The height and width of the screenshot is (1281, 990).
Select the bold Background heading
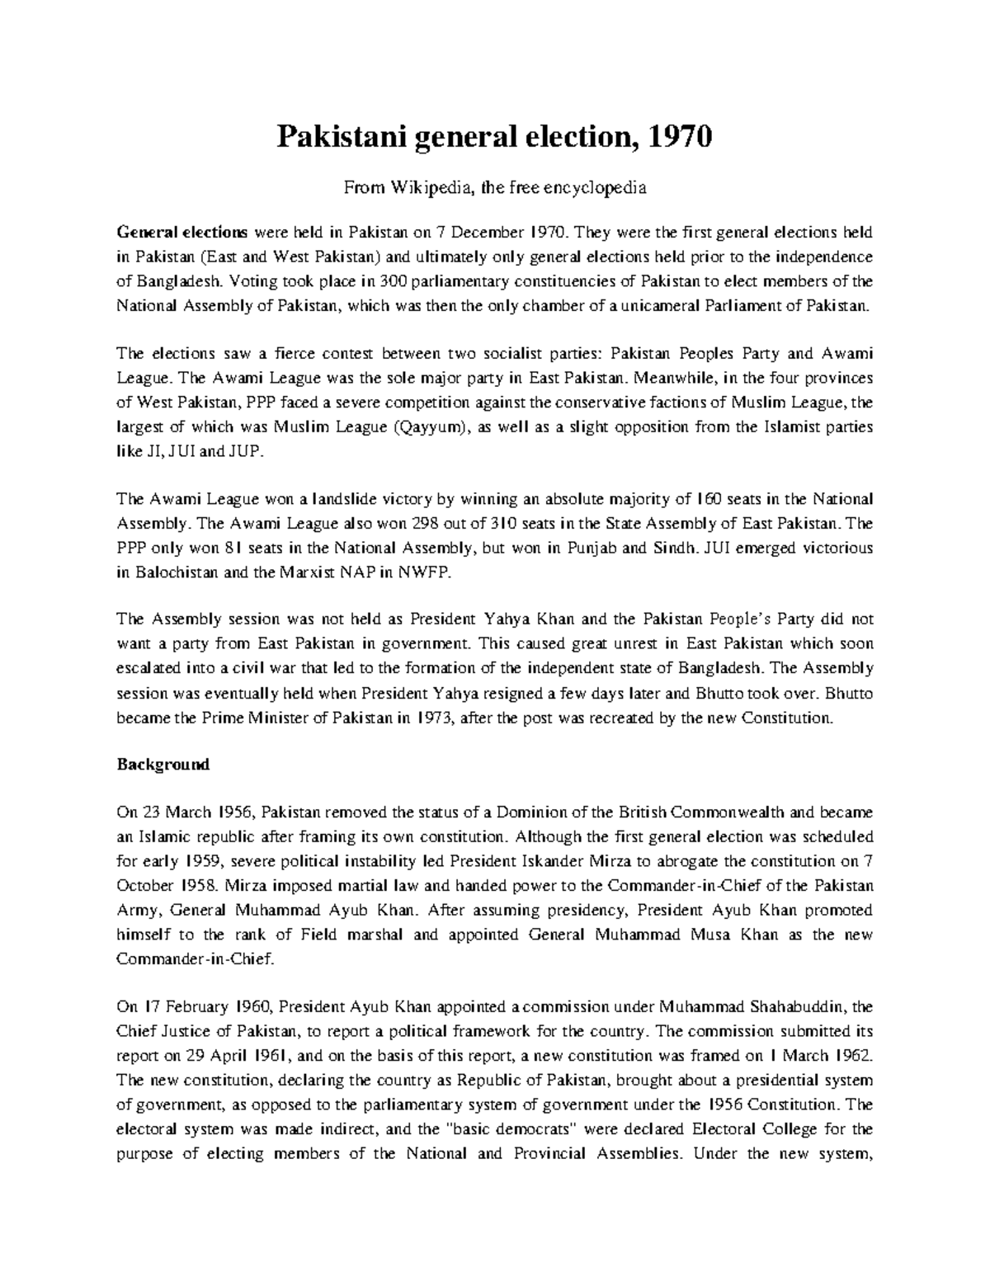point(163,765)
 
